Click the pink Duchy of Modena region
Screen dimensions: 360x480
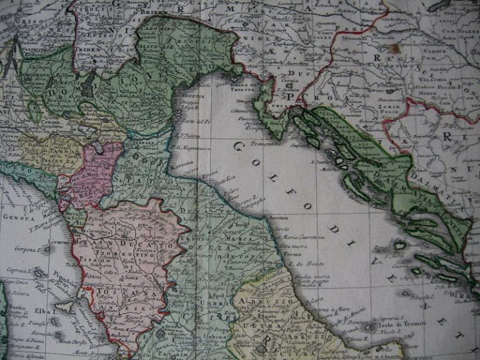(94, 175)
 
